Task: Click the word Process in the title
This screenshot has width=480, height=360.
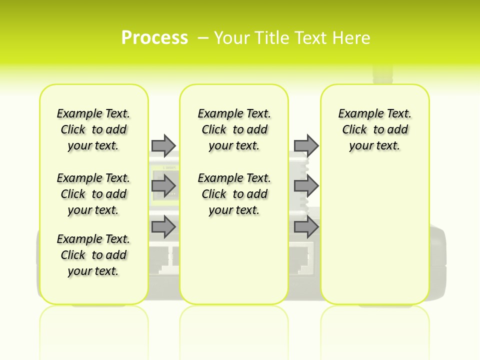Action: coord(154,37)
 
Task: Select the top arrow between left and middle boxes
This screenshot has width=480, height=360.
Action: coord(163,145)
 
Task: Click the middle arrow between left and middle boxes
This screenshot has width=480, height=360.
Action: coord(163,186)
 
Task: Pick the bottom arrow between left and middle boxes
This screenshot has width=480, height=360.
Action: coord(163,227)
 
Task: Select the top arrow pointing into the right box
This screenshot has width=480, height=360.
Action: coord(306,145)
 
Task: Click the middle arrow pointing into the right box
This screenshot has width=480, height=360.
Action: coord(306,186)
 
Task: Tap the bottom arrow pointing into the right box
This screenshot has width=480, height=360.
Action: coord(306,227)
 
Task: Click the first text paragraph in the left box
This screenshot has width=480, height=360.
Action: coord(93,129)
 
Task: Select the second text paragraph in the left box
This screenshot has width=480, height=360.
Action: coord(93,194)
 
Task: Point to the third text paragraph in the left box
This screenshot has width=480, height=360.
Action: coord(93,255)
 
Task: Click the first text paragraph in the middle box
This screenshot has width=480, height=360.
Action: coord(234,129)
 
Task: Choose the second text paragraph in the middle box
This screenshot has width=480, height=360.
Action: coord(234,194)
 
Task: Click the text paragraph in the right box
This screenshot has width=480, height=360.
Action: coord(374,129)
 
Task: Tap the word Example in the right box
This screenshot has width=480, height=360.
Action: coord(356,114)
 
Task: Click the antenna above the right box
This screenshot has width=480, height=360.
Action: coord(382,75)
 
